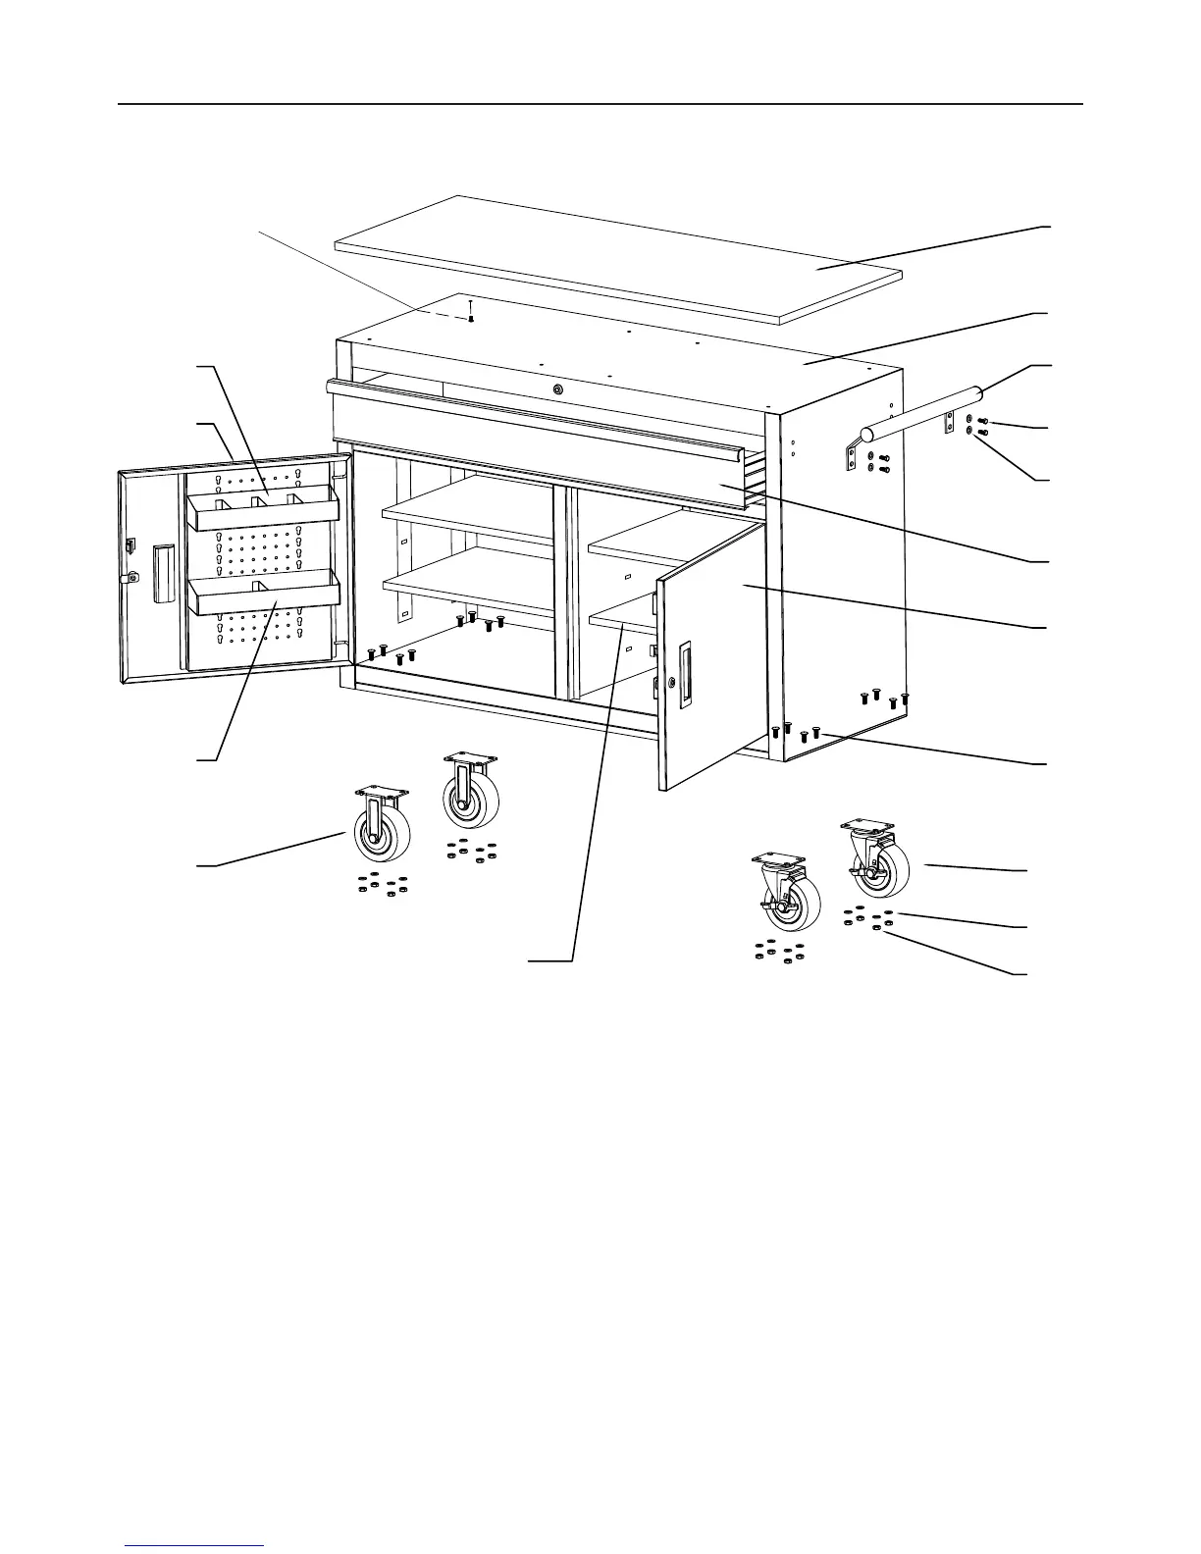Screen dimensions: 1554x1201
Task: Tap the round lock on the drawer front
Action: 558,389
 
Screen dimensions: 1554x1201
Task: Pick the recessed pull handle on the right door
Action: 684,672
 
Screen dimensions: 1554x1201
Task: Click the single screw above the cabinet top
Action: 471,313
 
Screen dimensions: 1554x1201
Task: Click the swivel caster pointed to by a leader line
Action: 873,860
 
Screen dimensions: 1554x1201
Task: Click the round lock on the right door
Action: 671,681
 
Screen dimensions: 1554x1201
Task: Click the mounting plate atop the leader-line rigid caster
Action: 381,791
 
